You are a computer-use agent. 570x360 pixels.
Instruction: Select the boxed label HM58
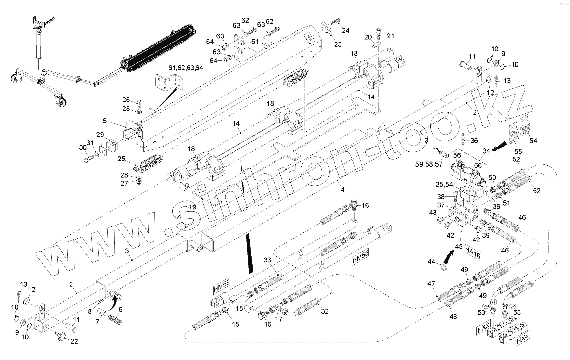(360, 258)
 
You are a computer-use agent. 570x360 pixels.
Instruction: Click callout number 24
(345, 30)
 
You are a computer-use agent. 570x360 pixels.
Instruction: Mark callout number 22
(74, 341)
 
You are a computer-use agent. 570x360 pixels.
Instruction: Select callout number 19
(192, 207)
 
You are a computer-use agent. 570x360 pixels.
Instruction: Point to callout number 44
(431, 261)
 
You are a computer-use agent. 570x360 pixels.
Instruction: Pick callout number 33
(268, 260)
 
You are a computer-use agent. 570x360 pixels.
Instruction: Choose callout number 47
(431, 284)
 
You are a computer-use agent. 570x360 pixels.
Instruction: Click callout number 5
(105, 121)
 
